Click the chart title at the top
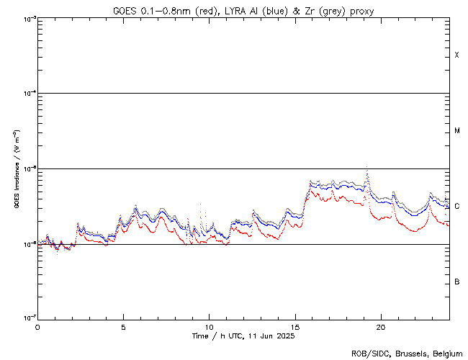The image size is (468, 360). [x=243, y=10]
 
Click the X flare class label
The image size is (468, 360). [x=457, y=55]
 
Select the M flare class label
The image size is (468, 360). [x=457, y=131]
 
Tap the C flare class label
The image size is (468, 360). [x=457, y=206]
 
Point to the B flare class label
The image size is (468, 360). [x=457, y=282]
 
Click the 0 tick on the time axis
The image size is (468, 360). [x=37, y=326]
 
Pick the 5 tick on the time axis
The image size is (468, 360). [x=123, y=326]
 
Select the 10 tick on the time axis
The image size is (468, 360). [x=210, y=326]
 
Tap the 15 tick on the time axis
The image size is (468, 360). [x=295, y=326]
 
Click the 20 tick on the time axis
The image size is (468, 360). [x=381, y=326]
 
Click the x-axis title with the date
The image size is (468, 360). [x=243, y=336]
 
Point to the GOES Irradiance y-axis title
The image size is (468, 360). [x=16, y=169]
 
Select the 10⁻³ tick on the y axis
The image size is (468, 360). [x=28, y=19]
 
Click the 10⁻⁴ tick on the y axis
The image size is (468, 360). [x=28, y=94]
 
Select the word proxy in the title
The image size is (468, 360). [x=361, y=10]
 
